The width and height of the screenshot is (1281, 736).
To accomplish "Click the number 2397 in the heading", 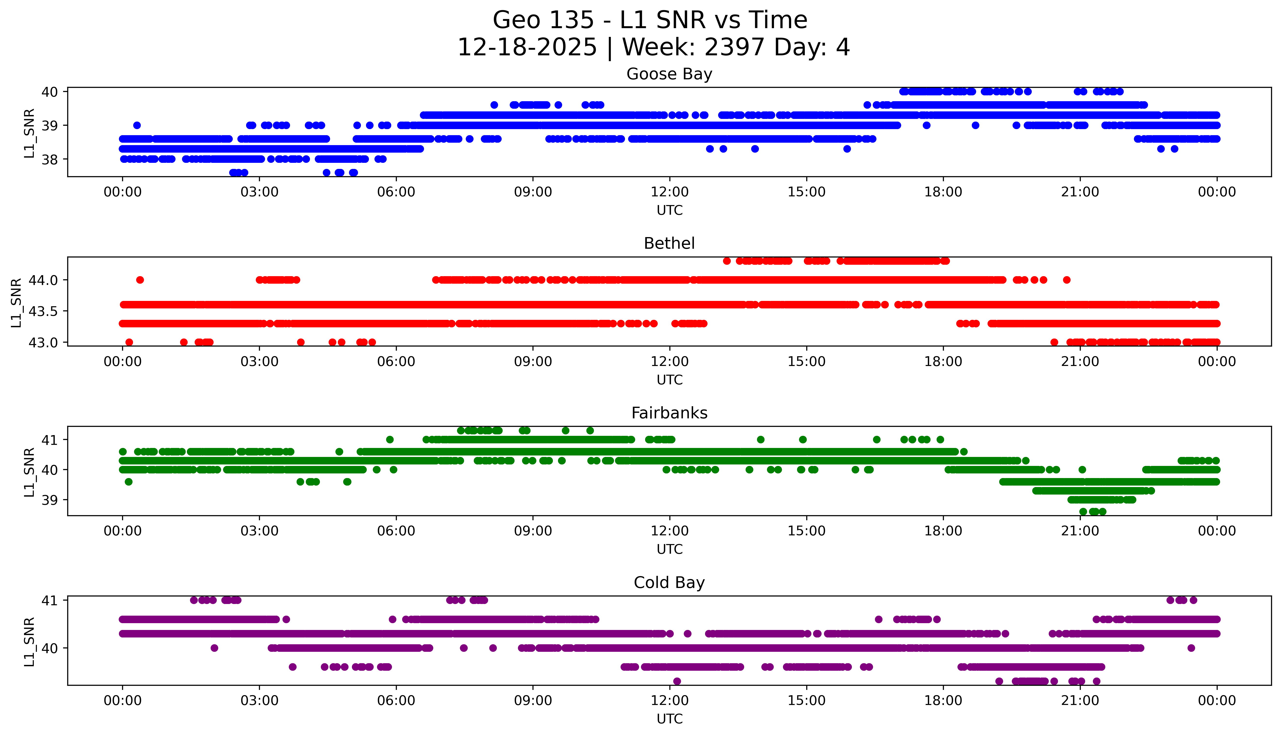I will (734, 48).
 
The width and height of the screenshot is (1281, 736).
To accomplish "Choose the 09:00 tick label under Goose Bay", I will (533, 192).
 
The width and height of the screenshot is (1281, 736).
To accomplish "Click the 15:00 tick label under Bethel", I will (806, 362).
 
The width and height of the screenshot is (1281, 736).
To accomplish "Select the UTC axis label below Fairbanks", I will (669, 549).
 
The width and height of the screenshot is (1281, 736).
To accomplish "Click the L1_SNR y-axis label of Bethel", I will (16, 302).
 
